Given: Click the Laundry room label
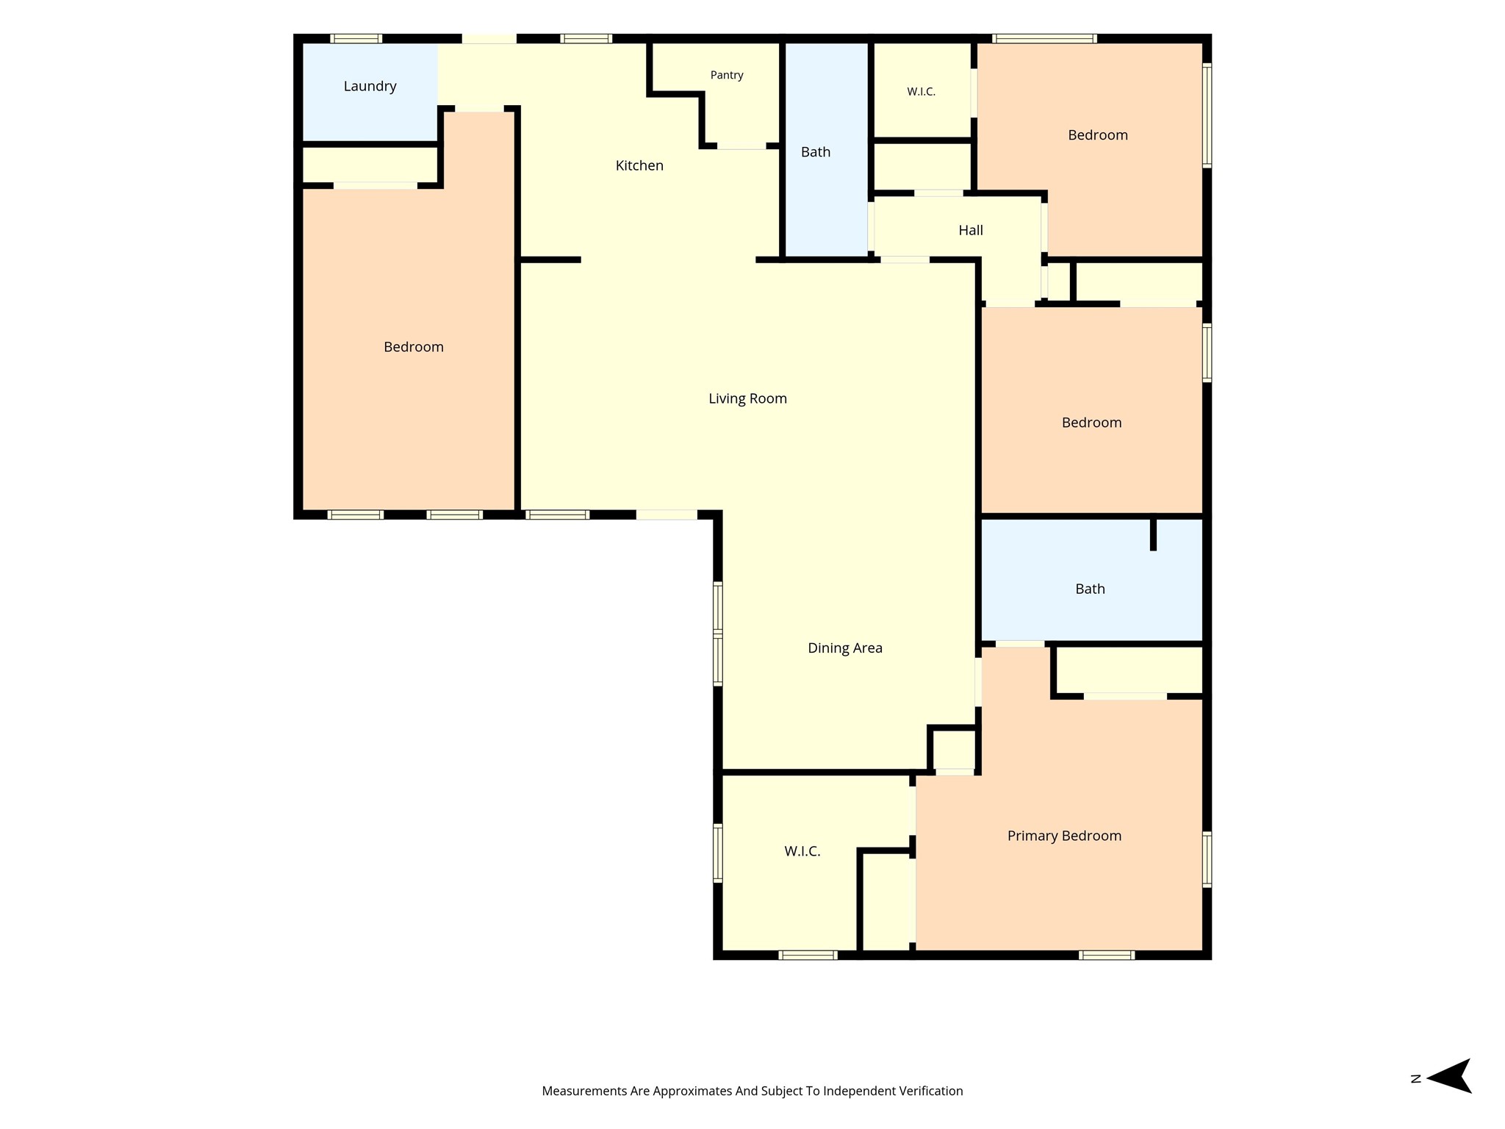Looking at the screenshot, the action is pos(370,87).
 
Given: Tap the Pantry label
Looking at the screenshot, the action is pos(727,75).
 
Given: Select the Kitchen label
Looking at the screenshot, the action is pos(639,166).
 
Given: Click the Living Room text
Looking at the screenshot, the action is pos(747,398).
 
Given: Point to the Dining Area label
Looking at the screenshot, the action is pos(845,648).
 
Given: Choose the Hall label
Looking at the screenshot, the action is pos(971,231).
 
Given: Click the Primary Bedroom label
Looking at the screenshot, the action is pos(1064,836).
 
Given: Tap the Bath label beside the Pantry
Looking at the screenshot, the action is pos(816,152).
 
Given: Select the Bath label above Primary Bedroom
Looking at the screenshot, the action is pos(1090,589).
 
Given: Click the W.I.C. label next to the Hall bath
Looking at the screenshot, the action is pos(921,92).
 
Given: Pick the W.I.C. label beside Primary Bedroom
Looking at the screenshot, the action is pos(802,851).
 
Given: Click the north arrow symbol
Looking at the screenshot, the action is pos(1449,1076).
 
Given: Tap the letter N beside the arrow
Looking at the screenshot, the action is pos(1416,1079).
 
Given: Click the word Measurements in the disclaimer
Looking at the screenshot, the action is pos(584,1092).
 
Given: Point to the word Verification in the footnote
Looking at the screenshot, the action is pos(929,1092).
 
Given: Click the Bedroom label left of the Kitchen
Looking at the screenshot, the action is pos(414,347).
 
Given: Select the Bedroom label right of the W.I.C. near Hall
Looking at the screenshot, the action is pos(1098,135).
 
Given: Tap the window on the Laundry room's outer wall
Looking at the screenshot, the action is pos(356,39).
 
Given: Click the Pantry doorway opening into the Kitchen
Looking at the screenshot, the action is pos(741,146).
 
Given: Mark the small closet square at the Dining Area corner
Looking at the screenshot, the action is pos(954,750).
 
